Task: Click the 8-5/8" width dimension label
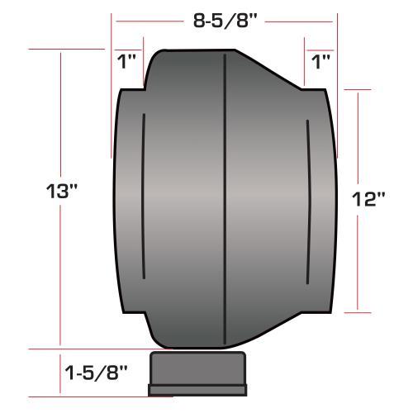tap(225, 22)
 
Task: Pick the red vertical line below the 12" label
tap(358, 264)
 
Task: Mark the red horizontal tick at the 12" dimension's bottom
tap(358, 312)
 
